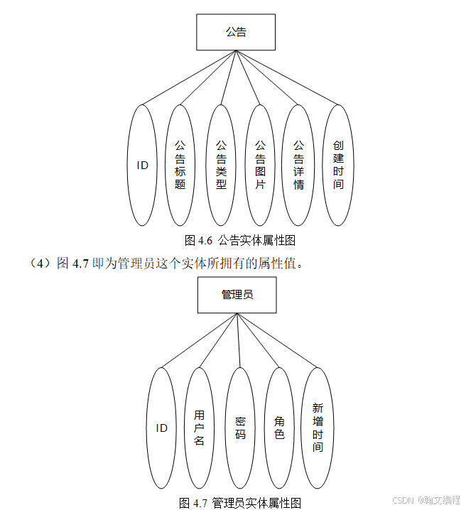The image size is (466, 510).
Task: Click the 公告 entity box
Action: click(236, 32)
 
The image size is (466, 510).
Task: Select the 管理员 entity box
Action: click(237, 294)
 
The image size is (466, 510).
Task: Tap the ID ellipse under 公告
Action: click(143, 166)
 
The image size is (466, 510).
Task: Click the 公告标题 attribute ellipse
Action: click(180, 166)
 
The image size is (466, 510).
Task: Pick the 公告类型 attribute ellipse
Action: click(221, 166)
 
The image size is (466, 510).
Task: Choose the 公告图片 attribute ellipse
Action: click(260, 166)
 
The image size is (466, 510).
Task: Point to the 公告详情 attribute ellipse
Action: click(298, 166)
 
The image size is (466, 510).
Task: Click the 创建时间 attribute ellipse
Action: click(338, 166)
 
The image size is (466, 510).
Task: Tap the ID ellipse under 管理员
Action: click(162, 428)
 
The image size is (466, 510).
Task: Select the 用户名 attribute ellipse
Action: click(199, 428)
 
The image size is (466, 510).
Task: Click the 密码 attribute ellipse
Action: click(240, 428)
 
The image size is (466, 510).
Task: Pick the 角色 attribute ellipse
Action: click(279, 428)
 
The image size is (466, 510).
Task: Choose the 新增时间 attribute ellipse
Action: click(318, 428)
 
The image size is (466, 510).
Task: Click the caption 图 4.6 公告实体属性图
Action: click(239, 240)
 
